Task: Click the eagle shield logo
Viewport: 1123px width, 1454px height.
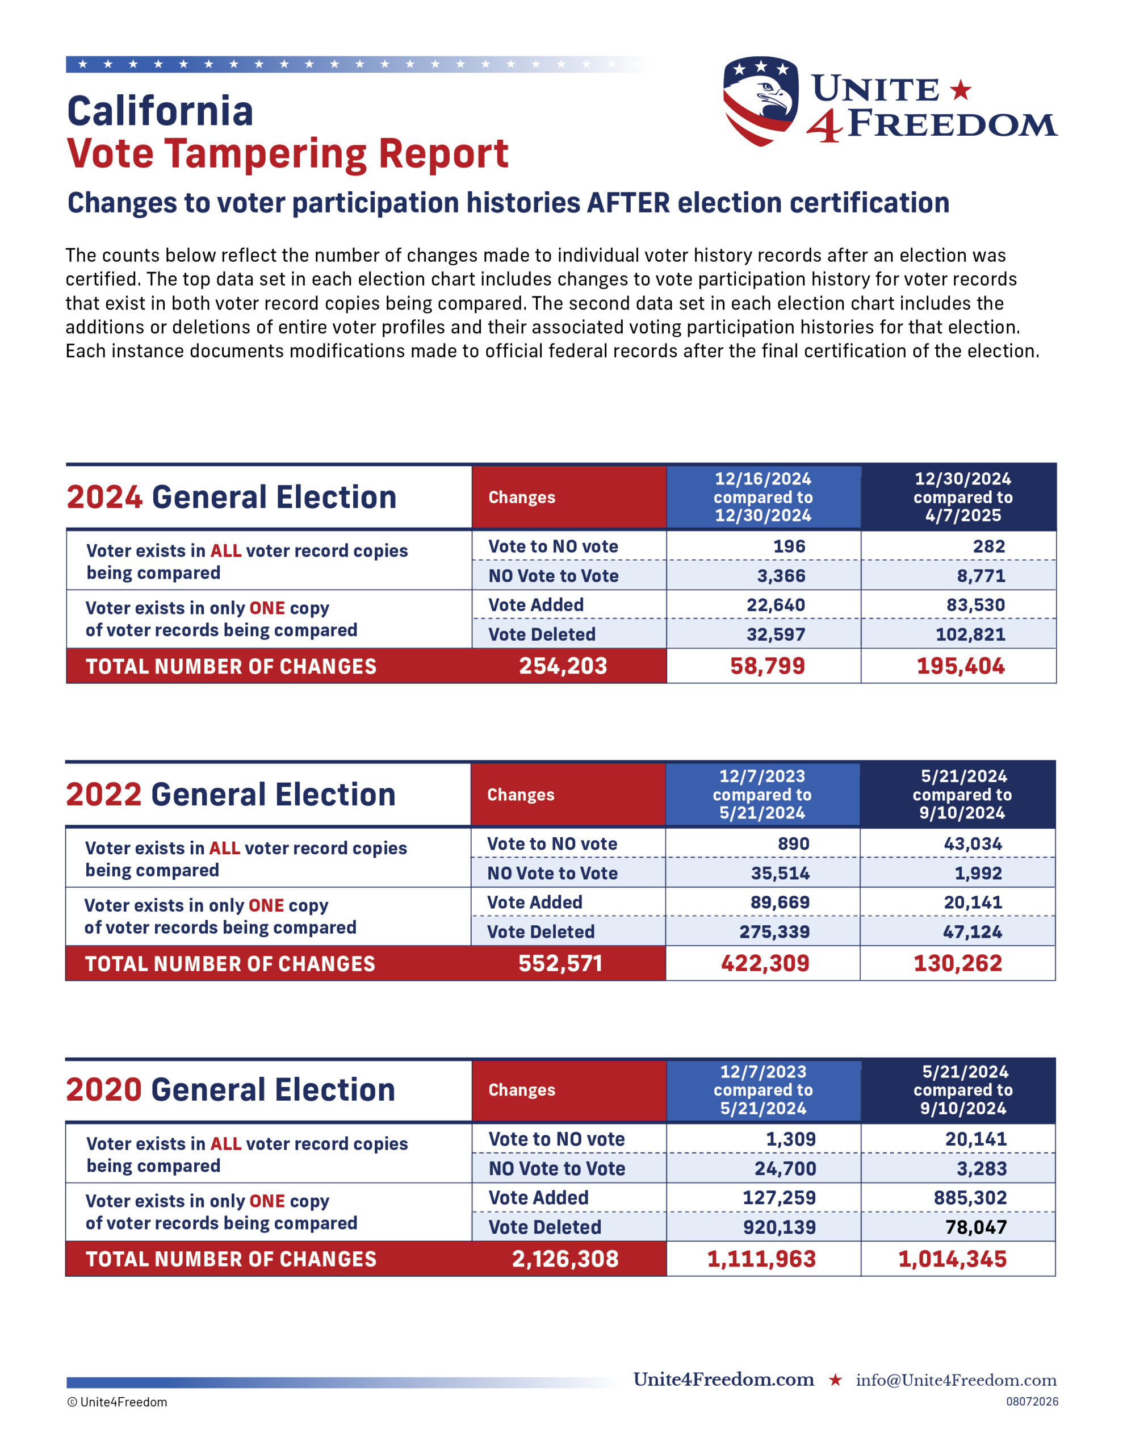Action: [x=760, y=101]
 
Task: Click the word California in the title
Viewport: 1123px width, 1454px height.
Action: [x=161, y=111]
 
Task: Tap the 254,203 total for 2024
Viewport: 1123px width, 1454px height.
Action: [x=563, y=666]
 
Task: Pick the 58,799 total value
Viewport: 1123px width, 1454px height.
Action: [x=768, y=666]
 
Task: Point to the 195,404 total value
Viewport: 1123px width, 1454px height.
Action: [x=961, y=666]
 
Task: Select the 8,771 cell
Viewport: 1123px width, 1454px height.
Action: [x=981, y=576]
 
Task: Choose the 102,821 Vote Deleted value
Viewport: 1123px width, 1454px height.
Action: [x=970, y=634]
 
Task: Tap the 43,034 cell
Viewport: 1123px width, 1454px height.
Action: [x=973, y=843]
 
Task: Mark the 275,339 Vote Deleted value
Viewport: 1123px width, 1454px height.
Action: [x=774, y=931]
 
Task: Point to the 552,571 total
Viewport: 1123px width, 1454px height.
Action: [x=560, y=963]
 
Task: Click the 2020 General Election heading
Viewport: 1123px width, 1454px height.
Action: [x=231, y=1090]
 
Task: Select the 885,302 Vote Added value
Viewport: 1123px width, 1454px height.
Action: [x=970, y=1198]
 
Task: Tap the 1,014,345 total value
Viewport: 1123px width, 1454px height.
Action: [x=953, y=1259]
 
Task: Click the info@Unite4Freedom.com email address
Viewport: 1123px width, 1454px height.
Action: [x=956, y=1380]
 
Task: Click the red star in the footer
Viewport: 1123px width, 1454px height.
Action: [x=835, y=1380]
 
